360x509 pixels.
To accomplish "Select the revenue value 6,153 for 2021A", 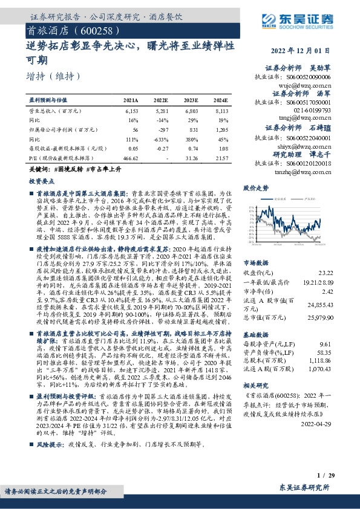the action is click(x=131, y=112).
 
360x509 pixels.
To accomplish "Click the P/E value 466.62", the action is click(x=130, y=157).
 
